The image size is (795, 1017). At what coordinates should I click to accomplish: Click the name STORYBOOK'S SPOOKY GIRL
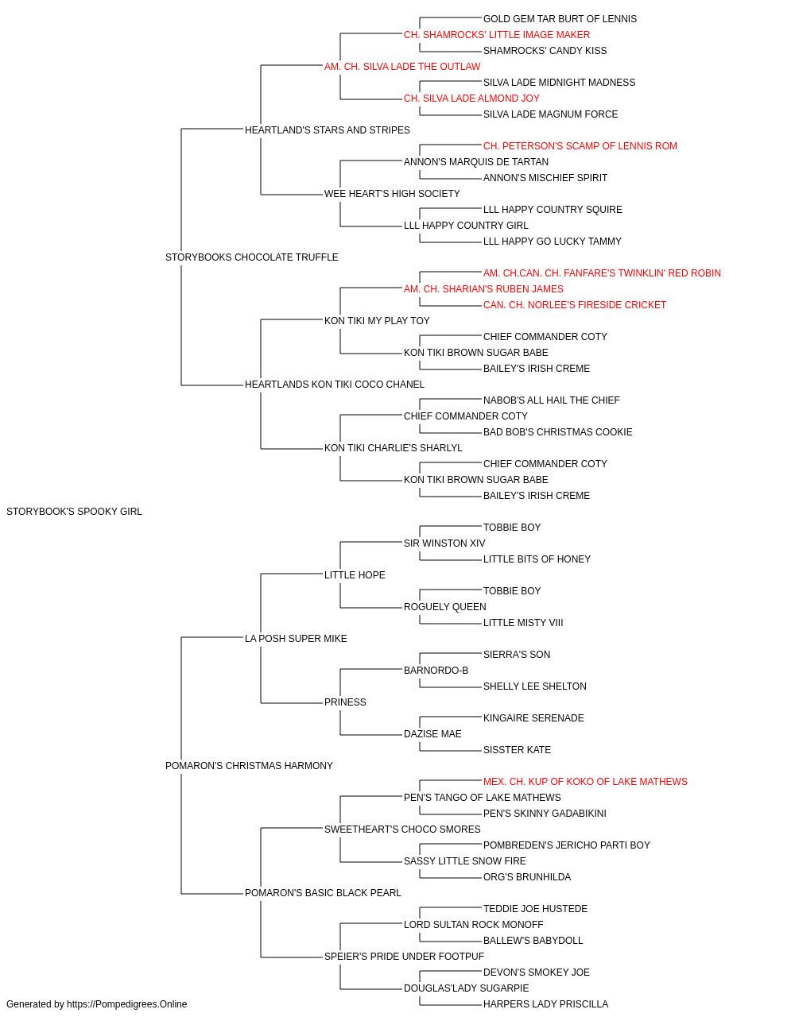(74, 512)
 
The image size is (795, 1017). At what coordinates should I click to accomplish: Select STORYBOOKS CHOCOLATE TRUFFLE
(251, 257)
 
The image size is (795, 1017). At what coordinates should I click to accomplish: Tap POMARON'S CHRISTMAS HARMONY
(249, 766)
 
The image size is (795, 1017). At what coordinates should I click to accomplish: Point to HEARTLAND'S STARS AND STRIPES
(328, 130)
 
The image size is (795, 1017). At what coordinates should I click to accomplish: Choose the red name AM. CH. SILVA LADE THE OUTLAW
(402, 67)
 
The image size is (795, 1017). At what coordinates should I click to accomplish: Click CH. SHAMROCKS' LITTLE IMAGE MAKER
(497, 35)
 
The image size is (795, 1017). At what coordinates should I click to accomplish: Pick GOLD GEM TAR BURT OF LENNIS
(560, 19)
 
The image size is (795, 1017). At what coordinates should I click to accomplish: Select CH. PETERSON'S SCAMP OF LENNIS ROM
(580, 146)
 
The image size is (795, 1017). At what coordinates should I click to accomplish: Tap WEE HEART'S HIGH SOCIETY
(392, 194)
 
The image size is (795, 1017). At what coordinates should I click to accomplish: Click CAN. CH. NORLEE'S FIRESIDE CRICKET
(575, 305)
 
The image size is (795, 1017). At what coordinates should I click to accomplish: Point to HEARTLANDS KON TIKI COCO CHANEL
(334, 385)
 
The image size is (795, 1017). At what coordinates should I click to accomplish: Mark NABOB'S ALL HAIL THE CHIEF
(552, 400)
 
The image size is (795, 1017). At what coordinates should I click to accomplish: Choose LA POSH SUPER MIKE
(296, 639)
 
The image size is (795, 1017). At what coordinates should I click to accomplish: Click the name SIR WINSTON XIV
(444, 543)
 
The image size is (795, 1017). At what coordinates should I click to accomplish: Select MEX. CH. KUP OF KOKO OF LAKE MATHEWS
(585, 782)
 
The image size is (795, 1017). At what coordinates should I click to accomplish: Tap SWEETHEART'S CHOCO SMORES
(402, 829)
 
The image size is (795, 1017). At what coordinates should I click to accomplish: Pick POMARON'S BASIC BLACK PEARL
(323, 893)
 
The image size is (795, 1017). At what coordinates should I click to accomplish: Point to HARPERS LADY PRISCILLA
(545, 1004)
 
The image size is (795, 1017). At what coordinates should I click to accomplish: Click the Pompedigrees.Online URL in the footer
(126, 1004)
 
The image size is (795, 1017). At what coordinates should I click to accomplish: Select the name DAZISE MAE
(432, 734)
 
